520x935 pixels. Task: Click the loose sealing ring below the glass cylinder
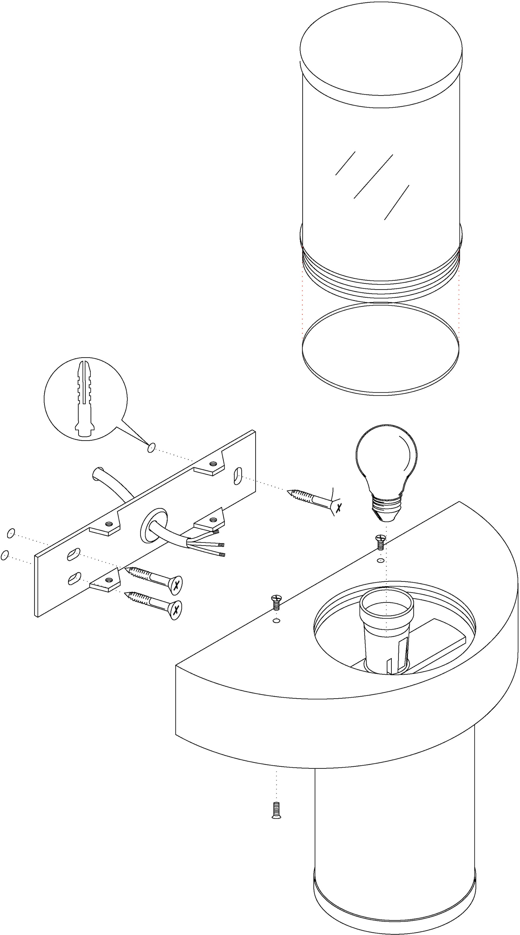[380, 349]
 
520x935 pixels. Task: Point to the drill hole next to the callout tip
[151, 448]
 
